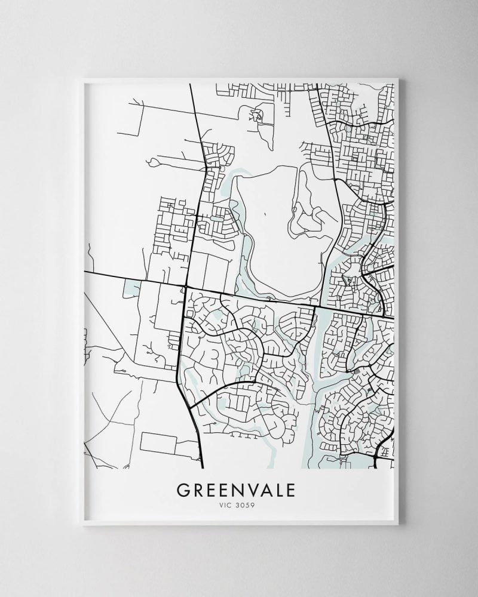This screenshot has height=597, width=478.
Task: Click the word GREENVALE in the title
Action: (x=235, y=490)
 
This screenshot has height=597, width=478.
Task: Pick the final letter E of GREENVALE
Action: (x=290, y=490)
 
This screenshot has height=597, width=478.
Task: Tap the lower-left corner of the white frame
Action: (x=84, y=523)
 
